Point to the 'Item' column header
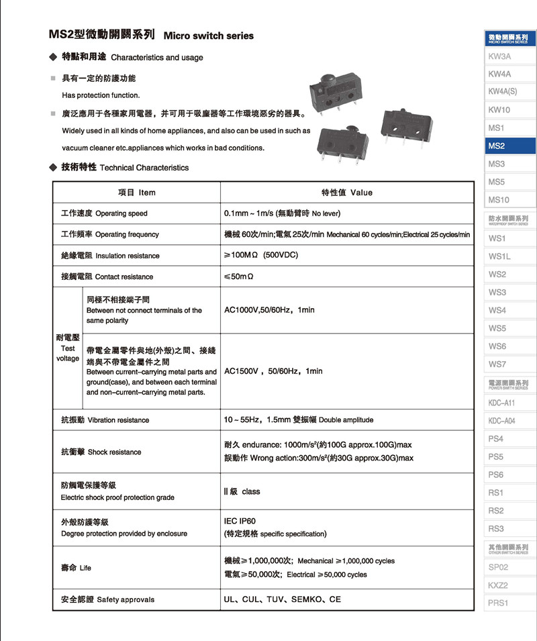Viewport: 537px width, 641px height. (x=137, y=193)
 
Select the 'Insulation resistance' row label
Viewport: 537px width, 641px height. (x=110, y=256)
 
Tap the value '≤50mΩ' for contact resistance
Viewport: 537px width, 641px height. (x=239, y=277)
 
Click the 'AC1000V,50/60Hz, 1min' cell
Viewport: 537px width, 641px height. (x=269, y=310)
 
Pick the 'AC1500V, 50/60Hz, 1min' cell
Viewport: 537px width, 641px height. (x=273, y=371)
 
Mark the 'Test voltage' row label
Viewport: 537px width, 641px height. (x=68, y=348)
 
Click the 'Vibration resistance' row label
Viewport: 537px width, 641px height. (x=105, y=420)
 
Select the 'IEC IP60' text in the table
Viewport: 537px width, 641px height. (x=240, y=521)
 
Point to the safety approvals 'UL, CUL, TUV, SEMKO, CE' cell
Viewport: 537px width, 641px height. (x=282, y=599)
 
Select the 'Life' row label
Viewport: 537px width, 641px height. (x=76, y=568)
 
